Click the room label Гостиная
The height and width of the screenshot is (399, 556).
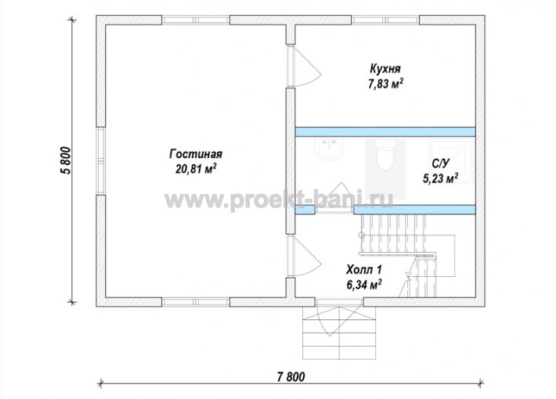pyautogui.click(x=196, y=154)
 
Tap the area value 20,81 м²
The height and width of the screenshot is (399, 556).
pyautogui.click(x=196, y=169)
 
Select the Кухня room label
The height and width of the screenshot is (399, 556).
pyautogui.click(x=385, y=68)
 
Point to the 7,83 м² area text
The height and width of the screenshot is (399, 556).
pyautogui.click(x=386, y=84)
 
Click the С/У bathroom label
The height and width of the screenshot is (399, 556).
pyautogui.click(x=440, y=164)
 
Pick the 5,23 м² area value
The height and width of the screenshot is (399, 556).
pyautogui.click(x=440, y=178)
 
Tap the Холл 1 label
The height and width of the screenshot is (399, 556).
pyautogui.click(x=364, y=270)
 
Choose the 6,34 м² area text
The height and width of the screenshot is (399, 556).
pyautogui.click(x=364, y=285)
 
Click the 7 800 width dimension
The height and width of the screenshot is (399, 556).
pyautogui.click(x=291, y=377)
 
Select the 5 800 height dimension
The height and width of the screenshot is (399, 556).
pyautogui.click(x=67, y=160)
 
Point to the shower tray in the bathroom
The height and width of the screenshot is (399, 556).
pyautogui.click(x=451, y=161)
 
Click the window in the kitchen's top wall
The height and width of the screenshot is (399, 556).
pyautogui.click(x=385, y=20)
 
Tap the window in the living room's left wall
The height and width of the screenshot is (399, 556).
pyautogui.click(x=101, y=160)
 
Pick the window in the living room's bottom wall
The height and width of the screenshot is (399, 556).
pyautogui.click(x=196, y=302)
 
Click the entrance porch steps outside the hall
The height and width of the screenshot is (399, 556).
pyautogui.click(x=339, y=332)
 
